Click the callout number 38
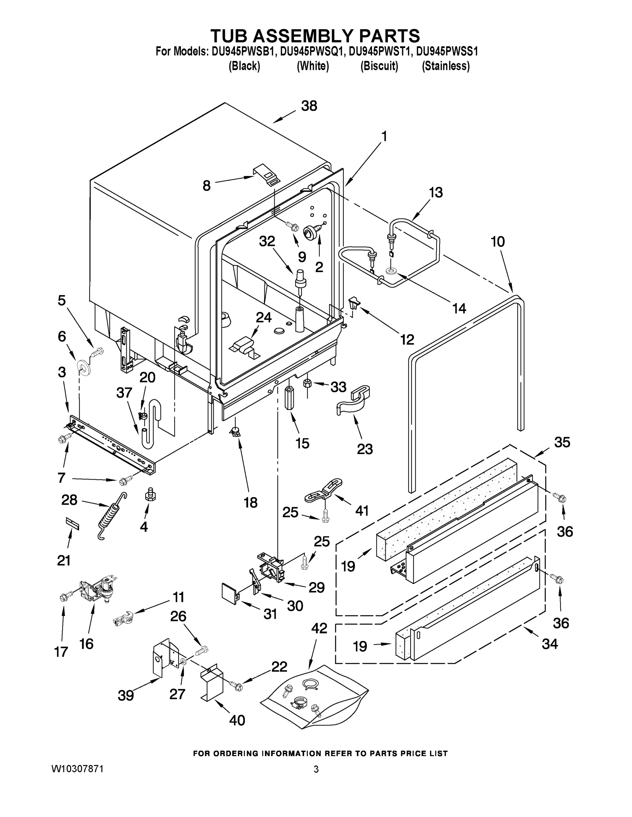(309, 106)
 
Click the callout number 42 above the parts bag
(319, 628)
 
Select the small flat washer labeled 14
(391, 271)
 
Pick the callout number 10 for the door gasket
(497, 242)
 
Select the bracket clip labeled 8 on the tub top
(267, 174)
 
